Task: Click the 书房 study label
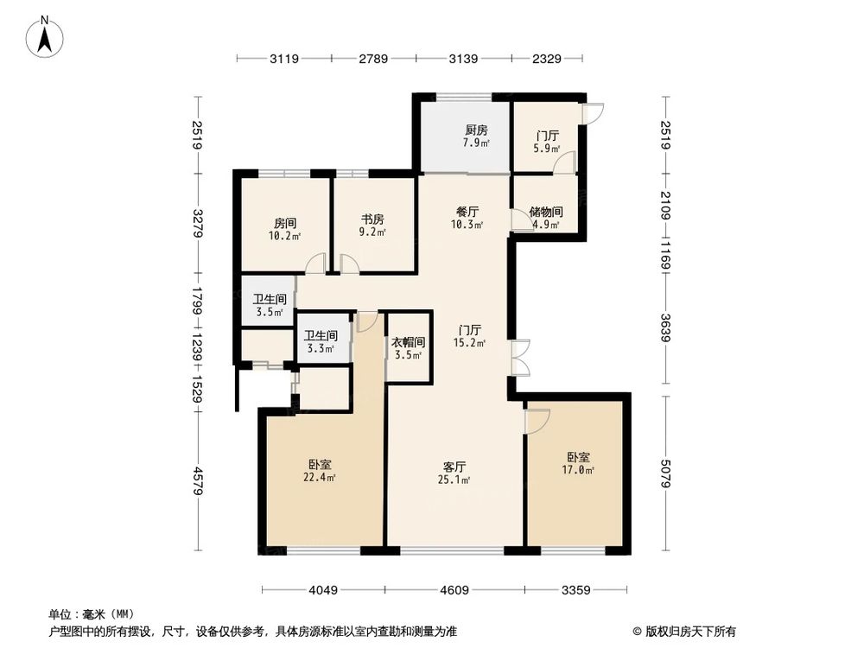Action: coord(372,219)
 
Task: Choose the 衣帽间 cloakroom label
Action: coord(407,341)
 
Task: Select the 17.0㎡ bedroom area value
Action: coord(579,471)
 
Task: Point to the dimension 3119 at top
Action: coord(284,59)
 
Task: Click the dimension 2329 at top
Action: coord(547,59)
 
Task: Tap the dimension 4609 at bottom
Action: coord(454,591)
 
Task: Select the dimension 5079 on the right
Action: coord(665,473)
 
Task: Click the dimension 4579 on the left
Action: coord(198,480)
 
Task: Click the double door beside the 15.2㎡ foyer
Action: coord(521,359)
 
